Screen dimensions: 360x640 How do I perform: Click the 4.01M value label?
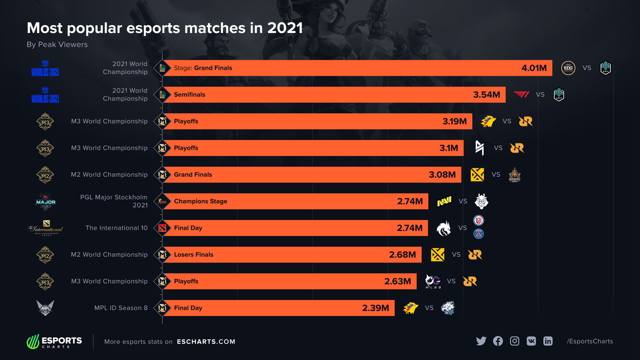click(534, 68)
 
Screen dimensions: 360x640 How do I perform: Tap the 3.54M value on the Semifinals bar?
click(486, 95)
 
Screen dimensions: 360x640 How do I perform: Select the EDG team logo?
click(568, 68)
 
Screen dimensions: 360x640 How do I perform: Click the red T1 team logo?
click(522, 95)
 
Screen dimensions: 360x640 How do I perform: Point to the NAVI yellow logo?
click(444, 201)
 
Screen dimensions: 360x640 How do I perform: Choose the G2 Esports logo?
click(481, 201)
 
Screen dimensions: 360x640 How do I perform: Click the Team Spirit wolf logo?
click(444, 228)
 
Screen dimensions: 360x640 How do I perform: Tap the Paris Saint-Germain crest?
click(479, 234)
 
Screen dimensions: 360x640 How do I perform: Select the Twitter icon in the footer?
click(481, 341)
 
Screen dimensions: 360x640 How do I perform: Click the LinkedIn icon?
click(548, 341)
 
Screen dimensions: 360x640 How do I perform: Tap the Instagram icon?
click(515, 341)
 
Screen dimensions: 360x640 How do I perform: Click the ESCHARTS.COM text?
click(206, 342)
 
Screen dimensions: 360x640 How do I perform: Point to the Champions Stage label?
click(201, 201)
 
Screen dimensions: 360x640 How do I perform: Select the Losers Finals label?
click(194, 255)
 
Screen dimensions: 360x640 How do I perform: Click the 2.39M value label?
click(375, 308)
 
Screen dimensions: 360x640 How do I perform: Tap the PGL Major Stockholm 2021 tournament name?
click(114, 201)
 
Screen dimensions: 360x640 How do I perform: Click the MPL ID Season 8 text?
click(121, 308)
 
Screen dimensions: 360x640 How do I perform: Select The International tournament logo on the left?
click(45, 228)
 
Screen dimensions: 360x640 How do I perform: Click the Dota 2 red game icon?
click(162, 228)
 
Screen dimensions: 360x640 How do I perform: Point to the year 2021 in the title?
click(285, 28)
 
